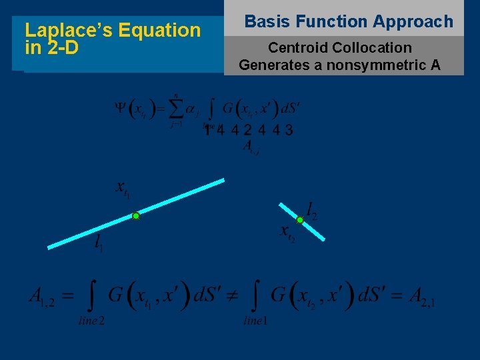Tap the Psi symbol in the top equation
120,109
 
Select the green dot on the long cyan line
135,216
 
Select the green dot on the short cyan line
300,220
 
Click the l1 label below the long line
99,243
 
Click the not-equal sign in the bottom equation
236,296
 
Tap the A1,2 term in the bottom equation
42,297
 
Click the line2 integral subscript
91,321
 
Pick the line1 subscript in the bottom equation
255,321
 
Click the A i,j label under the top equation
251,147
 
